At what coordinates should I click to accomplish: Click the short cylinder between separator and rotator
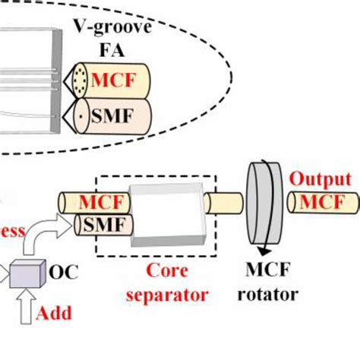pos(225,204)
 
